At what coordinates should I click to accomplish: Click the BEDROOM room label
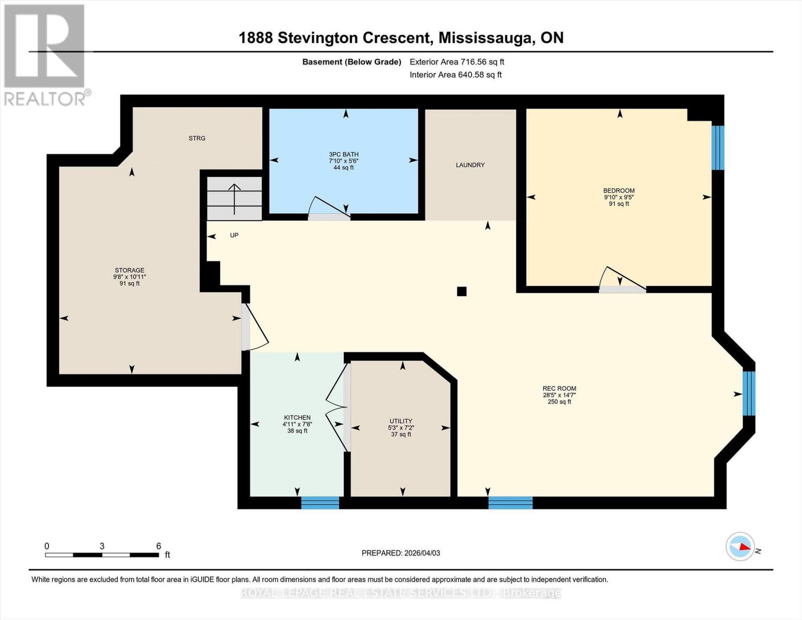click(619, 191)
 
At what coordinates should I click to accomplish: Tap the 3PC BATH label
click(343, 154)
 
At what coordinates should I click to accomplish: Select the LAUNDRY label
click(470, 165)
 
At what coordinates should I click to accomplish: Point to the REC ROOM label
click(559, 389)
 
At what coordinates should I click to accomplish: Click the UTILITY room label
click(401, 421)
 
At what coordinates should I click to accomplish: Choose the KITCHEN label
click(297, 417)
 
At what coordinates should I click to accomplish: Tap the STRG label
click(197, 138)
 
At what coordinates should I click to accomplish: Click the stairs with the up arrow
click(234, 199)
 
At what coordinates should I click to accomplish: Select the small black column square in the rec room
click(462, 291)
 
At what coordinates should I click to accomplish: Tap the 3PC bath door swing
click(329, 209)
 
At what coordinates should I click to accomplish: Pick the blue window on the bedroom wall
click(717, 148)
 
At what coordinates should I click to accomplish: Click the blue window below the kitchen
click(320, 503)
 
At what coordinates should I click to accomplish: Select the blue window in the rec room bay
click(748, 393)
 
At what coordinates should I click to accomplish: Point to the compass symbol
click(741, 546)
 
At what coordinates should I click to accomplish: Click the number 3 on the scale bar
click(102, 546)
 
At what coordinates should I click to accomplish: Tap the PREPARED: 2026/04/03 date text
click(401, 553)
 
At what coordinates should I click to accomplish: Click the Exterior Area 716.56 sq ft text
click(457, 62)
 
